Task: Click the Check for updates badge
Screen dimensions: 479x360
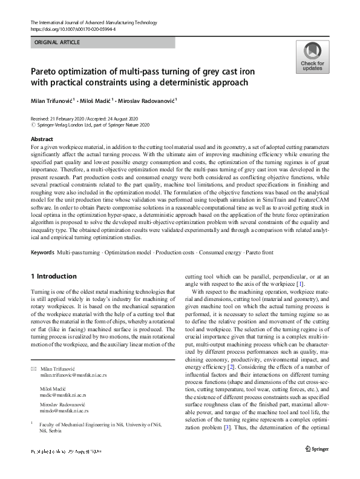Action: pos(312,58)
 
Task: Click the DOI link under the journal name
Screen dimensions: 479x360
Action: pos(73,28)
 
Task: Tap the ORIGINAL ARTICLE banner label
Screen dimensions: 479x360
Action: pos(57,42)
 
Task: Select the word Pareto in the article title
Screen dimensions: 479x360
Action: pos(47,71)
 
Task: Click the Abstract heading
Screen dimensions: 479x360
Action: pos(42,139)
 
